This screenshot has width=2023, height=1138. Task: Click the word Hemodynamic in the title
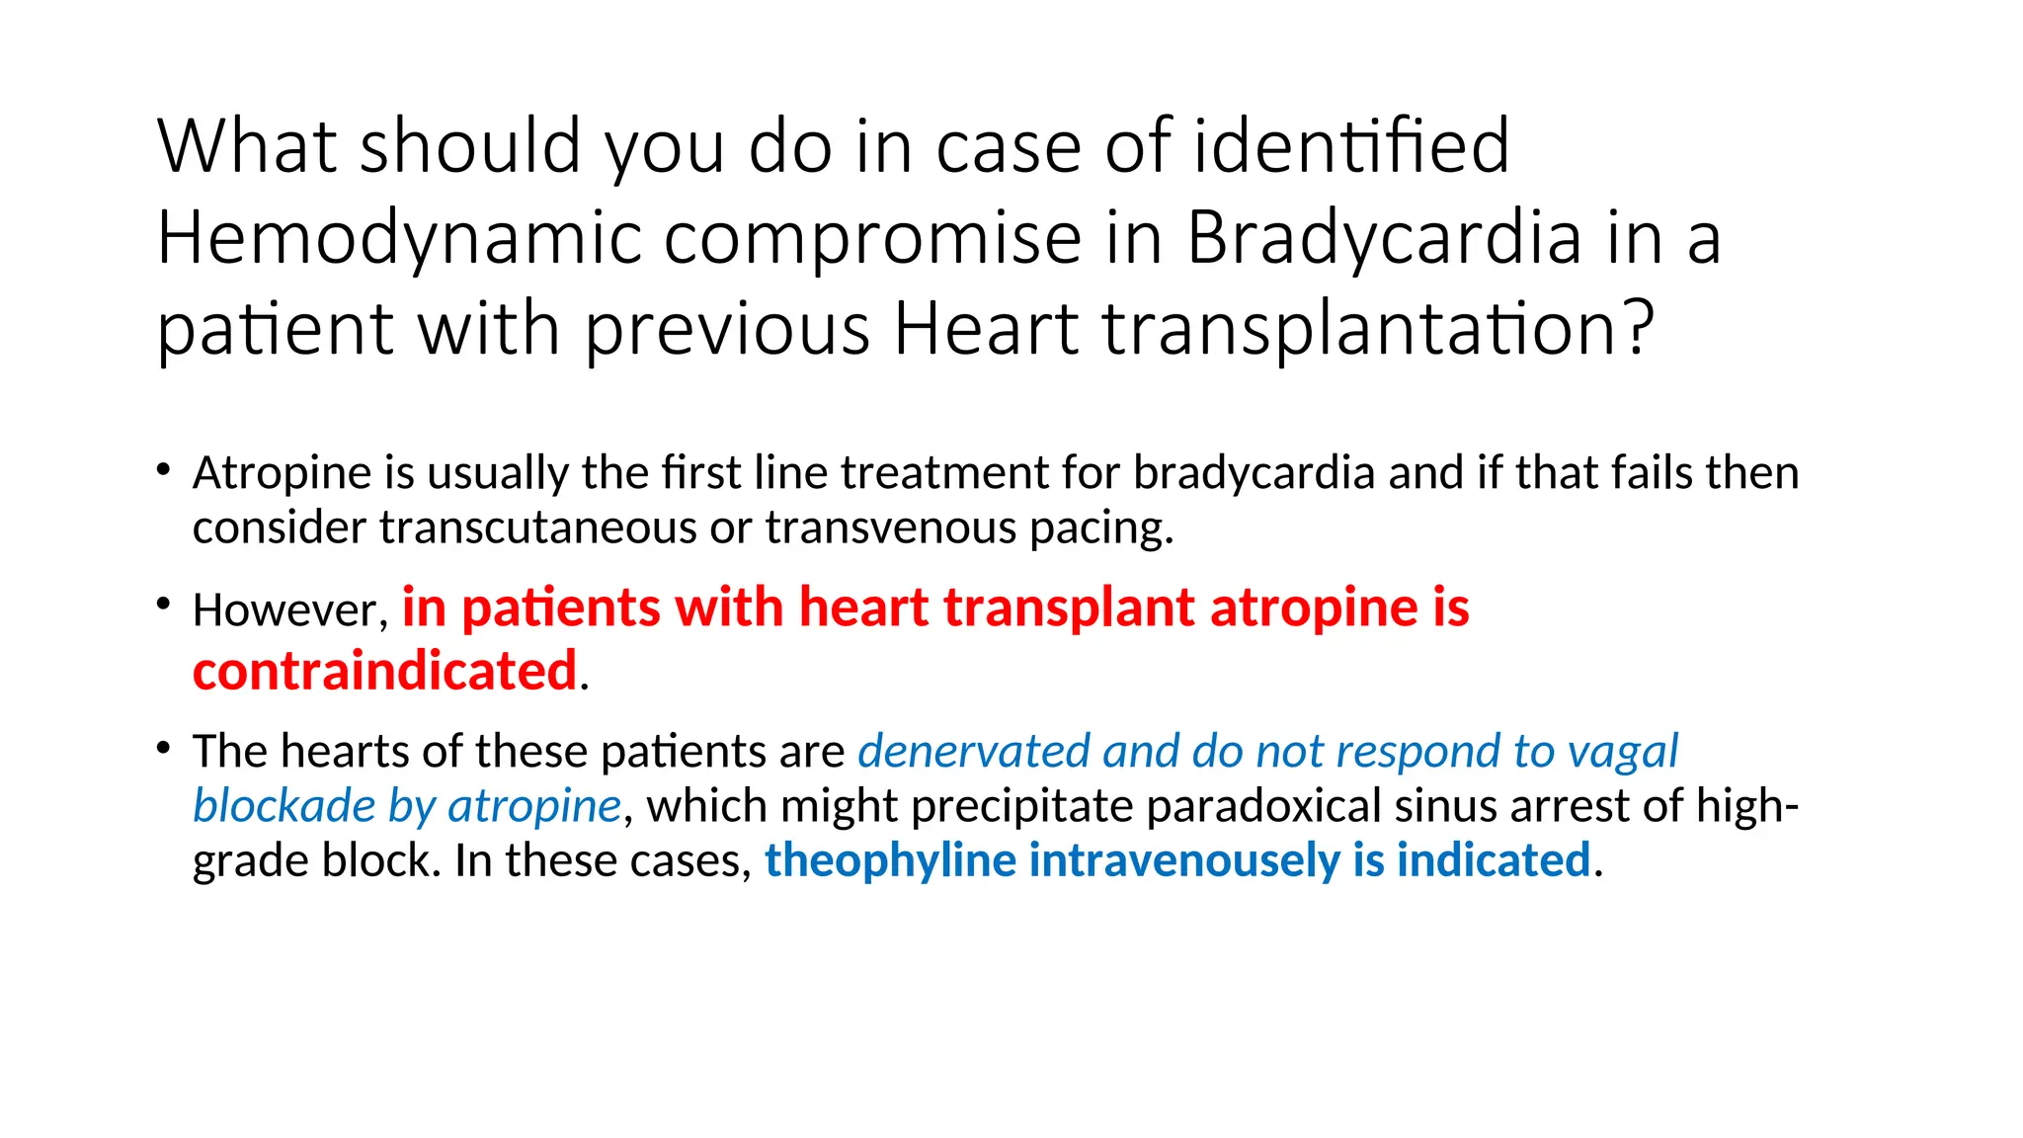pyautogui.click(x=398, y=239)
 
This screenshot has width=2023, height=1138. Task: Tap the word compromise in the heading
pyautogui.click(x=872, y=239)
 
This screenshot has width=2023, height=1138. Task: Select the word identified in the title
pyautogui.click(x=1351, y=146)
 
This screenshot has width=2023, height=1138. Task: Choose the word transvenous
pyautogui.click(x=891, y=528)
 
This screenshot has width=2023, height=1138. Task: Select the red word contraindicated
pyautogui.click(x=384, y=672)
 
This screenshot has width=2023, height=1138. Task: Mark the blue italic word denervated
pyautogui.click(x=973, y=752)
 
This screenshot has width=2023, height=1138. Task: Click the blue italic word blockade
pyautogui.click(x=283, y=806)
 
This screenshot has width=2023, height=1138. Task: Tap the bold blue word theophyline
pyautogui.click(x=890, y=860)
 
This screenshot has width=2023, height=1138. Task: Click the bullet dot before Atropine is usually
pyautogui.click(x=164, y=470)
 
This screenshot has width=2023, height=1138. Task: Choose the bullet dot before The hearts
pyautogui.click(x=164, y=749)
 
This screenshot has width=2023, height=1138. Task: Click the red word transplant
pyautogui.click(x=1069, y=608)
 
